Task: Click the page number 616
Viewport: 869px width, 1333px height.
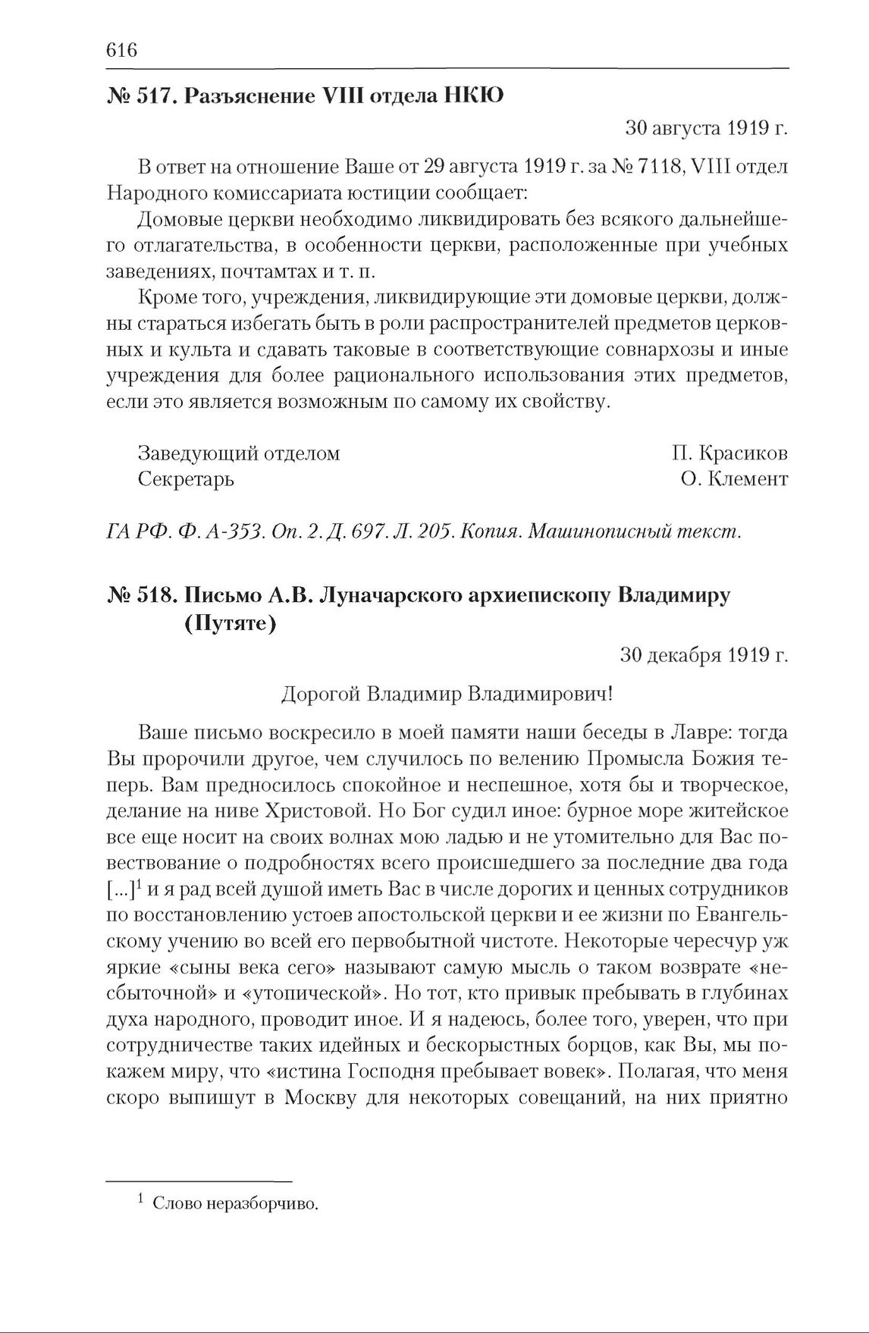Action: point(121,50)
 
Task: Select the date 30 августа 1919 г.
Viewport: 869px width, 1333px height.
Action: point(706,128)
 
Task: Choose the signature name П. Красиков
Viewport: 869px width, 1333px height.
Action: point(729,453)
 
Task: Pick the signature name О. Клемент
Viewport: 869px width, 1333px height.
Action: point(734,479)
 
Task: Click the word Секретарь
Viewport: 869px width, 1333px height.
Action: point(186,479)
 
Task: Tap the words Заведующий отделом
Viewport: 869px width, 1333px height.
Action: point(238,453)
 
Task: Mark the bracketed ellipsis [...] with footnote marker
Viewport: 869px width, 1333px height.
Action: point(121,889)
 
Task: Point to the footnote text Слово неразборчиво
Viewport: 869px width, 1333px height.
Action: point(234,1203)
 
